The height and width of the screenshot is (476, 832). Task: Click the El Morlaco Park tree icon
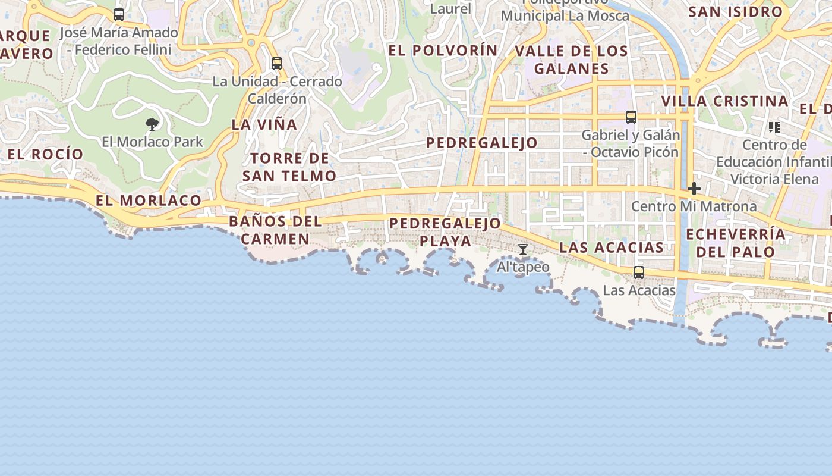click(x=152, y=124)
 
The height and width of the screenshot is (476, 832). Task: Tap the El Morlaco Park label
click(x=152, y=142)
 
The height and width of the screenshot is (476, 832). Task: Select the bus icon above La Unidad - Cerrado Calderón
click(x=276, y=63)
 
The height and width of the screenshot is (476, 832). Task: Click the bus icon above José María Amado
click(x=119, y=15)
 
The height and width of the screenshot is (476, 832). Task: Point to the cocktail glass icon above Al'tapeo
click(x=522, y=249)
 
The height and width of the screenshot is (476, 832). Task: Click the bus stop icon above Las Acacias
click(x=639, y=273)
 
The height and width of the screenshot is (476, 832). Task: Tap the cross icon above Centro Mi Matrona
click(x=694, y=189)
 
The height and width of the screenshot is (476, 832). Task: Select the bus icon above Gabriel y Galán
click(x=631, y=117)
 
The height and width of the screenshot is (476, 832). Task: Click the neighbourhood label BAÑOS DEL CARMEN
click(x=275, y=230)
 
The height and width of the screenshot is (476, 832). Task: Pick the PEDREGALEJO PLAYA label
click(x=445, y=232)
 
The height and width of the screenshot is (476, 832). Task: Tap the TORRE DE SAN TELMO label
click(x=289, y=167)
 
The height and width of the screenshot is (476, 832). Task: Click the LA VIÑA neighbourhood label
click(x=264, y=124)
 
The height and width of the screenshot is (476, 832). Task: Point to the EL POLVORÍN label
click(x=443, y=51)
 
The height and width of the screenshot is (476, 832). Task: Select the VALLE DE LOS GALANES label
click(x=571, y=59)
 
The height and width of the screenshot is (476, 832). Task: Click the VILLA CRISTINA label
click(x=724, y=101)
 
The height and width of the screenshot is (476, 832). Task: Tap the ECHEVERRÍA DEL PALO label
click(x=736, y=243)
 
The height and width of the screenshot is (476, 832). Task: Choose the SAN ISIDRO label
click(x=735, y=11)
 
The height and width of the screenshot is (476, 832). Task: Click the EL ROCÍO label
click(x=46, y=154)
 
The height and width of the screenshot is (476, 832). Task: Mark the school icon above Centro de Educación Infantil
click(x=774, y=127)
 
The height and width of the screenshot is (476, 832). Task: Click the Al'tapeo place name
click(x=523, y=267)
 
